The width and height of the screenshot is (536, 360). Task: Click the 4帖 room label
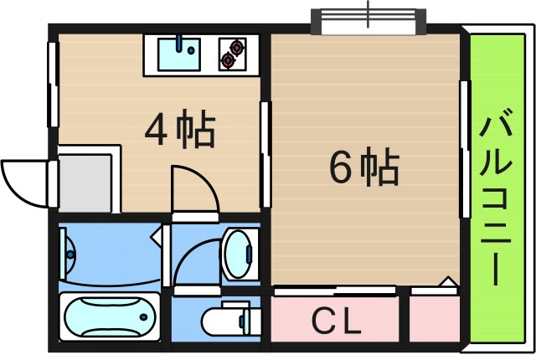click(x=180, y=130)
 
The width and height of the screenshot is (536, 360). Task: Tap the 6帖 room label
click(x=363, y=169)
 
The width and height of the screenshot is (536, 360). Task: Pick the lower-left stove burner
click(x=228, y=59)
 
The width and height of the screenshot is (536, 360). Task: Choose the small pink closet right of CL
click(x=435, y=319)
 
